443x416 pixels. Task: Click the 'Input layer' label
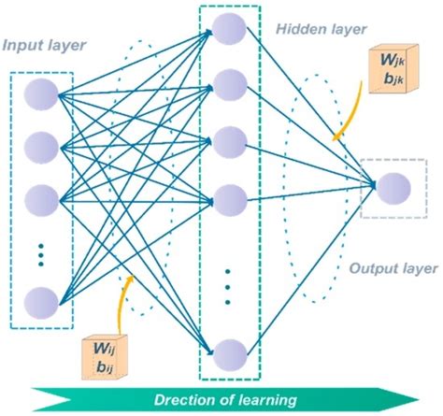tap(44, 45)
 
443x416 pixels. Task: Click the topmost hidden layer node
tap(229, 28)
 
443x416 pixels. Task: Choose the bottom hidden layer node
tap(229, 354)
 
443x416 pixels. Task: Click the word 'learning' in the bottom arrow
tap(267, 400)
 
